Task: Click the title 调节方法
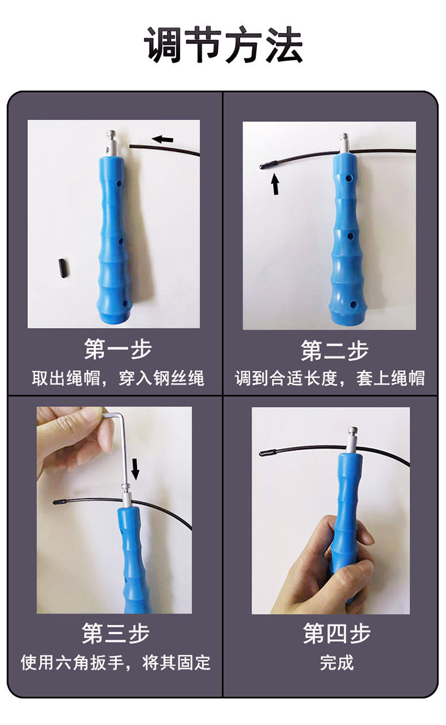(223, 45)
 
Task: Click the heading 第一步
(118, 349)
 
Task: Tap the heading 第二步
(335, 351)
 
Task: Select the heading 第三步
(115, 633)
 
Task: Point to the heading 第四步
(337, 633)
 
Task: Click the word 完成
(337, 663)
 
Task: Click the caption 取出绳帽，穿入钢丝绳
(118, 378)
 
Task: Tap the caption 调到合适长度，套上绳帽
(329, 378)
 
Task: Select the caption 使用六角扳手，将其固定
(115, 663)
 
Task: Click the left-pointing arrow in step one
(162, 140)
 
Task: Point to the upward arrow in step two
(275, 184)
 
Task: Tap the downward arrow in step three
(136, 469)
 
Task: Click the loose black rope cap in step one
(64, 267)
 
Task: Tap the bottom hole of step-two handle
(353, 304)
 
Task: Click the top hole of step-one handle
(119, 184)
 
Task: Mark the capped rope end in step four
(268, 453)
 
